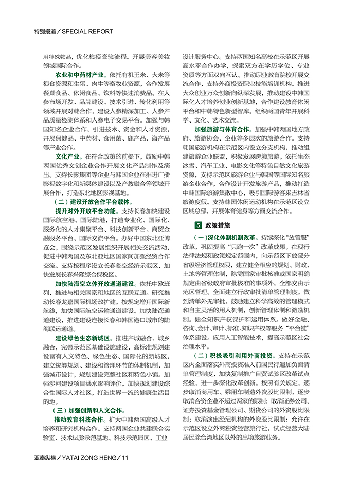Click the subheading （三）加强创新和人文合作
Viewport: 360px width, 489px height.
tap(88, 410)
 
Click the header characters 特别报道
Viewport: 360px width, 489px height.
tap(44, 31)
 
